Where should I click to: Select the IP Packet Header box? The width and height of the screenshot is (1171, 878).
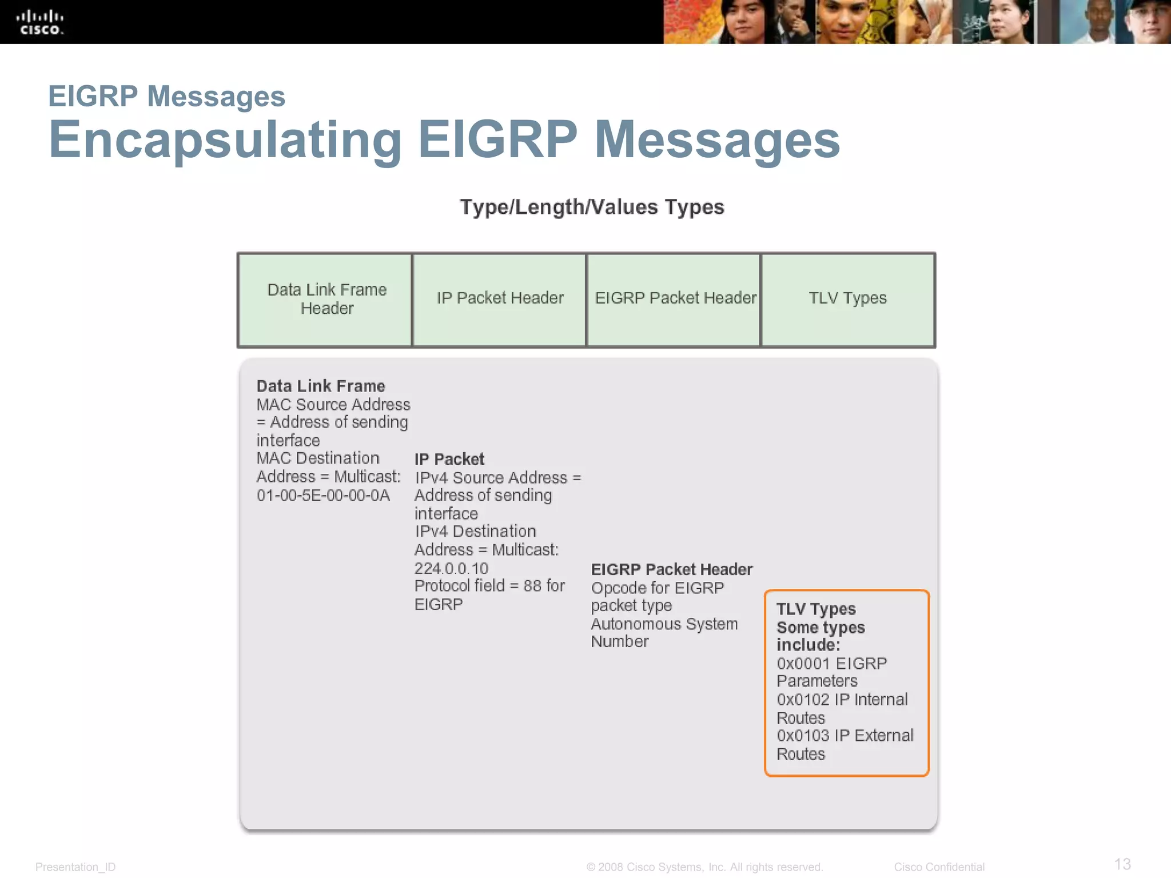500,300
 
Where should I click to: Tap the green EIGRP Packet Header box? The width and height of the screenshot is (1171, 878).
674,300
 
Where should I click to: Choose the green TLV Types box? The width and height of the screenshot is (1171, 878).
848,300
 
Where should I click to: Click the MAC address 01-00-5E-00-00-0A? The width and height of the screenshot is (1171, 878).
323,496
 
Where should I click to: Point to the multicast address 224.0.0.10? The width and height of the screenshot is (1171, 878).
451,569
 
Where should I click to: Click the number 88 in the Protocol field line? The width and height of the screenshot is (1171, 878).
532,586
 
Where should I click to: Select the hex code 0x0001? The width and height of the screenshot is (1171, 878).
803,664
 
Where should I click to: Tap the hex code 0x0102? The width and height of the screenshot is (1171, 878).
803,700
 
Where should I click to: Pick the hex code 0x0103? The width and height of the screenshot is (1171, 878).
803,736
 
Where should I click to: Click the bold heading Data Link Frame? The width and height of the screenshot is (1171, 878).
321,386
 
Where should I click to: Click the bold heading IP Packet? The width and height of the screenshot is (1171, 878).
449,460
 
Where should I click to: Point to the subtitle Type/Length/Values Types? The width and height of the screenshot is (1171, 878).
592,207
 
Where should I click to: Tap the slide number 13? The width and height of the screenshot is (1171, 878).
1122,864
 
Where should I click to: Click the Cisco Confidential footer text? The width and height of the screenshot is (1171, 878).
939,867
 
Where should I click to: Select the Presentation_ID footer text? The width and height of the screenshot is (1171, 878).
75,867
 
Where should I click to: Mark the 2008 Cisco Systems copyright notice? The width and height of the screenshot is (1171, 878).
704,867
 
